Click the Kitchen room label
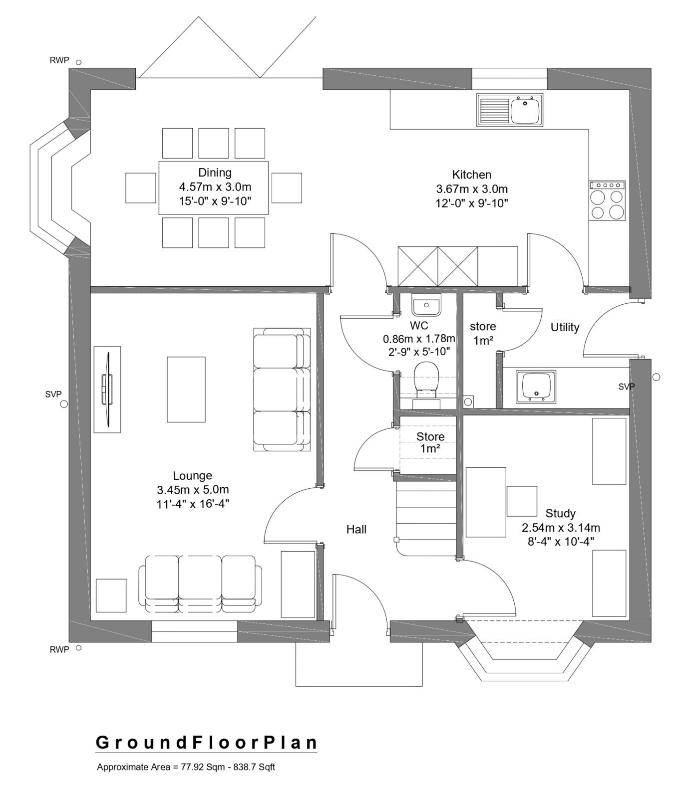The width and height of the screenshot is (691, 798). tap(471, 175)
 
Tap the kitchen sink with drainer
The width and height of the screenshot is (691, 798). tap(509, 110)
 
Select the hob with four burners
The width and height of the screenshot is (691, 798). tap(607, 200)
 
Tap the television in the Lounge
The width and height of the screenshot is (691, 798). tap(107, 389)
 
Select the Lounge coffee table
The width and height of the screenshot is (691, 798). tap(186, 390)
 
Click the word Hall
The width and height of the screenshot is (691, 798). tap(356, 529)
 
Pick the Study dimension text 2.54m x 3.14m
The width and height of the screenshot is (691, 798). tap(561, 528)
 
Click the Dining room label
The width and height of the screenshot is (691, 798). tap(215, 173)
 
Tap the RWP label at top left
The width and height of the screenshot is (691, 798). tap(59, 60)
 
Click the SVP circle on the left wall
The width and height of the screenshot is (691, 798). tap(64, 404)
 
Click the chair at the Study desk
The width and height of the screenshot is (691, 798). tap(522, 501)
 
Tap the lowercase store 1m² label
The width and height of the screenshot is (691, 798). tap(483, 333)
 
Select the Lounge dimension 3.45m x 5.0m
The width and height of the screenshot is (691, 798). tap(193, 490)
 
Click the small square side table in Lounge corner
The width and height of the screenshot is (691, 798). tap(111, 595)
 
